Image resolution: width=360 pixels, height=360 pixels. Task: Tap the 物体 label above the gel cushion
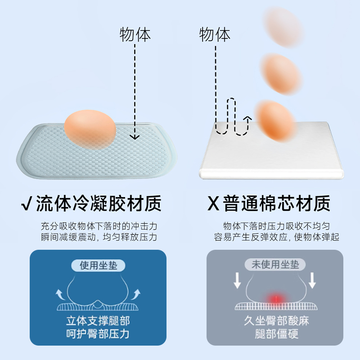click(x=135, y=35)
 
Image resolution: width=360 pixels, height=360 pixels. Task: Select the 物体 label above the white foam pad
click(x=215, y=35)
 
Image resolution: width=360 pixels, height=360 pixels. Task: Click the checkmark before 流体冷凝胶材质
click(x=26, y=204)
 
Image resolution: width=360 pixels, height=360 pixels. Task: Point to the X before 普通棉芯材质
click(x=213, y=204)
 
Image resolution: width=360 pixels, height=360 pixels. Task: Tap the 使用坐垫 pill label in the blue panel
click(x=99, y=265)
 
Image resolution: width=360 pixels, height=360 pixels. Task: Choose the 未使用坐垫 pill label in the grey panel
click(x=275, y=265)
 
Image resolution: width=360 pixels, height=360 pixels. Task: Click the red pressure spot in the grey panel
click(x=274, y=298)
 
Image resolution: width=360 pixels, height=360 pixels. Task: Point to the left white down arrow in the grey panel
click(x=237, y=280)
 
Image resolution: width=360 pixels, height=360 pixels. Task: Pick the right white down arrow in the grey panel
click(x=312, y=280)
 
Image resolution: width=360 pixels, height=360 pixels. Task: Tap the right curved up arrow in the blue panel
click(x=136, y=294)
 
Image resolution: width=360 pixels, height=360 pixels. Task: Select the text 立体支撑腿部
click(x=98, y=321)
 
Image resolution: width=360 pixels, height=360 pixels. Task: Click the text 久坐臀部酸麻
click(x=274, y=321)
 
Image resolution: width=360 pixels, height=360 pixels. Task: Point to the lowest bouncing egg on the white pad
click(x=275, y=120)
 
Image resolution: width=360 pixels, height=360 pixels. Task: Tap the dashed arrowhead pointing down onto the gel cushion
click(x=135, y=136)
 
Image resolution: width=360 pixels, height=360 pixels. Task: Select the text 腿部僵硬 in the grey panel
click(x=274, y=334)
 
